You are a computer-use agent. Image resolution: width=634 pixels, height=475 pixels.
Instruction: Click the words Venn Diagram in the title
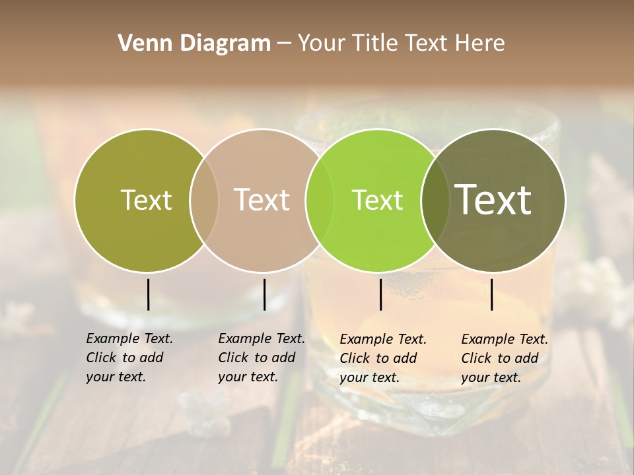(194, 44)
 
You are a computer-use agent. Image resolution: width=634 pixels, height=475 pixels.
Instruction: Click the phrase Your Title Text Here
(401, 44)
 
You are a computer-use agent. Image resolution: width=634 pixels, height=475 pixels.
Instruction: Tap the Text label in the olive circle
(146, 200)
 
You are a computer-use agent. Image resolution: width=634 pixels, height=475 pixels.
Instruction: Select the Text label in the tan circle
(262, 200)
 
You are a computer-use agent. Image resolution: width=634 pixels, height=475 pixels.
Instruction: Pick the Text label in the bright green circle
(377, 200)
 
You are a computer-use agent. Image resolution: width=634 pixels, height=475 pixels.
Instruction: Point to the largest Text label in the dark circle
(493, 200)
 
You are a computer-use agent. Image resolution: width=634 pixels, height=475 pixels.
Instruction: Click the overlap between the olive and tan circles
(204, 200)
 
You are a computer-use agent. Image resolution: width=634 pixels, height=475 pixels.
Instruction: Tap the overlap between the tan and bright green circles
(320, 200)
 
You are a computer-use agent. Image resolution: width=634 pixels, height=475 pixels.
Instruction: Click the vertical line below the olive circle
(148, 294)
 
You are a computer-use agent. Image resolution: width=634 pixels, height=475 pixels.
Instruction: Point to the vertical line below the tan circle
(264, 294)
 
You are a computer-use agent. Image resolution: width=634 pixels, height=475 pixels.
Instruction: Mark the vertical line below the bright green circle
(380, 294)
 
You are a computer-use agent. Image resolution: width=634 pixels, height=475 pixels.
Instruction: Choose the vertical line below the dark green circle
(491, 294)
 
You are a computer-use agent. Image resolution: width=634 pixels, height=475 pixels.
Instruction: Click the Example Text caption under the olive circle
(129, 338)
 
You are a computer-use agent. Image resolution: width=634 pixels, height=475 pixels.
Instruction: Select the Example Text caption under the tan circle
(262, 338)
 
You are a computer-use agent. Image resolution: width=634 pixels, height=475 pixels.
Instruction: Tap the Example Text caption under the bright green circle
(383, 339)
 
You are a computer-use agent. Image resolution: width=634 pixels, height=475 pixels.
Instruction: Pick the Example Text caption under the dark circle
(505, 339)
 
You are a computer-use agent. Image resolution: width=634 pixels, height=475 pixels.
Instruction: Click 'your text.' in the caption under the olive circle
(116, 377)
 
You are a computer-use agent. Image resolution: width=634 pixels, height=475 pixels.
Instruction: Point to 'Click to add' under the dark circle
(499, 358)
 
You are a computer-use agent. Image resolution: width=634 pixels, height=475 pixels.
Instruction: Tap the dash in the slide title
(284, 44)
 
